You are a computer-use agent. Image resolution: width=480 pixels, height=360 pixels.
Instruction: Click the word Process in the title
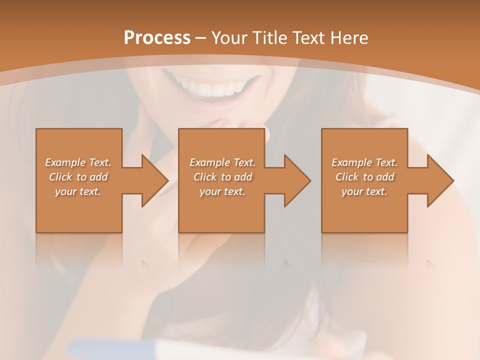(x=157, y=38)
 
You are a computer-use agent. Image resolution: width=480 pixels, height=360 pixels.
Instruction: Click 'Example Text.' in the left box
(x=78, y=162)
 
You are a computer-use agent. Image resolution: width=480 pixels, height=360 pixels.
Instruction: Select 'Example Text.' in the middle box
(x=222, y=162)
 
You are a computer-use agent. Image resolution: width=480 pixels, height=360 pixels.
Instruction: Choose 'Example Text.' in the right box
(x=364, y=162)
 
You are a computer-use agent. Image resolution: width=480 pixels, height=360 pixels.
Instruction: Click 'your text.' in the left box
(x=78, y=191)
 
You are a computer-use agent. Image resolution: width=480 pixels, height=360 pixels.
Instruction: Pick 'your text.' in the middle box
(x=222, y=191)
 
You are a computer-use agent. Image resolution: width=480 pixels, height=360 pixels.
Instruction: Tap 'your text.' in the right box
(x=364, y=191)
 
